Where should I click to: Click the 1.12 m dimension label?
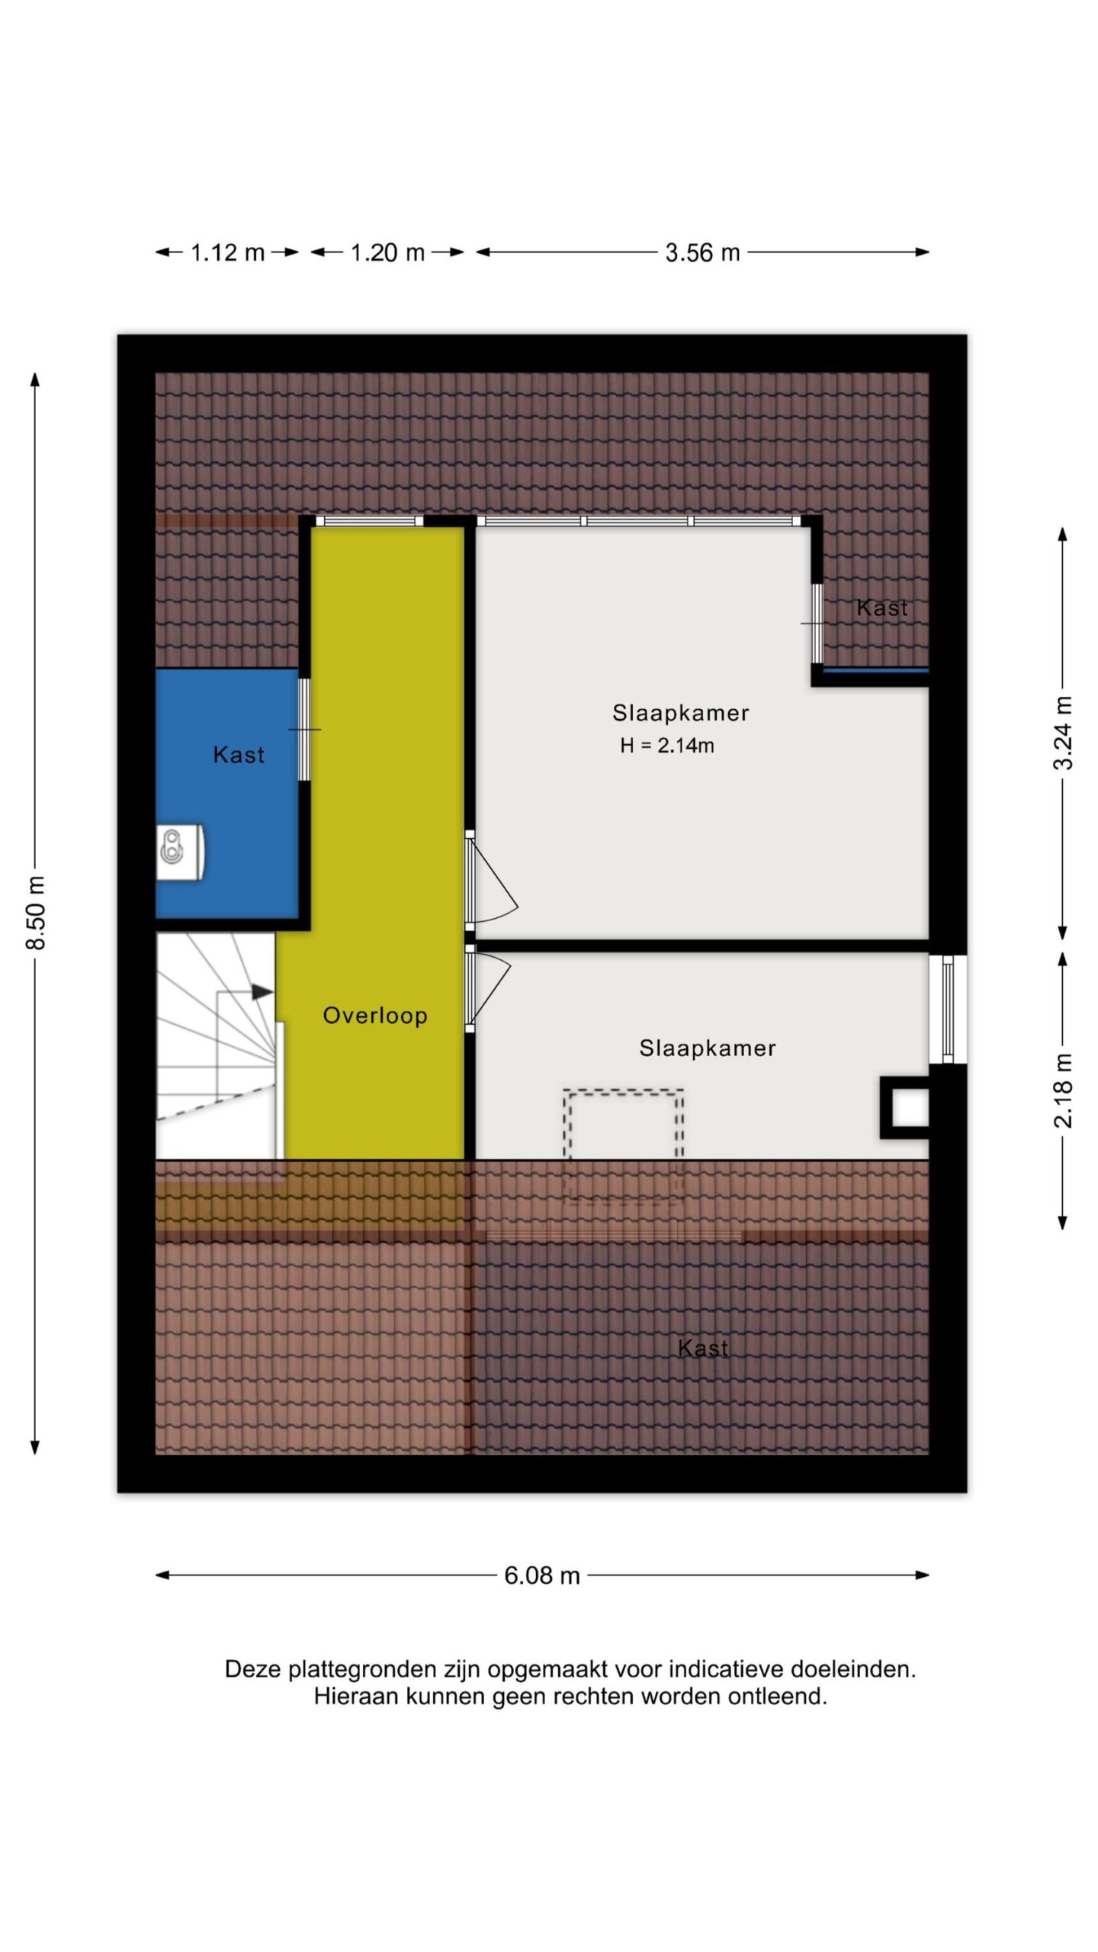pyautogui.click(x=227, y=252)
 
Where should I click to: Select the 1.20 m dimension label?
pyautogui.click(x=387, y=252)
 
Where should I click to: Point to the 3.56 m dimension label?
pyautogui.click(x=702, y=252)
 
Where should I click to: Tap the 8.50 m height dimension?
pyautogui.click(x=36, y=912)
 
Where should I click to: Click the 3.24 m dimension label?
pyautogui.click(x=1063, y=732)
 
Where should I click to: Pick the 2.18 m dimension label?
pyautogui.click(x=1063, y=1090)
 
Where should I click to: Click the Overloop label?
pyautogui.click(x=375, y=1015)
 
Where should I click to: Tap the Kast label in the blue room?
pyautogui.click(x=239, y=755)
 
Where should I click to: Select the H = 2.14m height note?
pyautogui.click(x=667, y=746)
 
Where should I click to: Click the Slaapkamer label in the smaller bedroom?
pyautogui.click(x=708, y=1048)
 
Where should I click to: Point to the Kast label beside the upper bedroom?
pyautogui.click(x=882, y=608)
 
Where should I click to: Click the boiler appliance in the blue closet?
pyautogui.click(x=181, y=852)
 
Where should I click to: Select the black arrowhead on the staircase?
pyautogui.click(x=262, y=992)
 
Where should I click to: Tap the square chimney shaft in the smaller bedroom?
pyautogui.click(x=905, y=1108)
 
